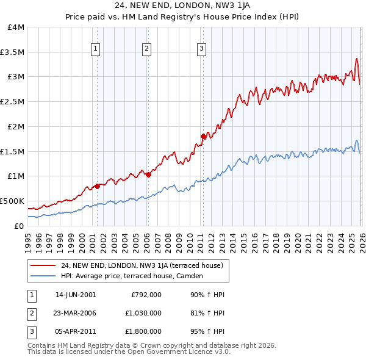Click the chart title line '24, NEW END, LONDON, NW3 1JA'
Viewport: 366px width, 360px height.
(x=182, y=6)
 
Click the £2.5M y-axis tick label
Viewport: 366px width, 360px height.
(x=12, y=102)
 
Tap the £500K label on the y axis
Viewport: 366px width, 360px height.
(x=12, y=201)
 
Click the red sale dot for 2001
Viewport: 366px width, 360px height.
(x=97, y=187)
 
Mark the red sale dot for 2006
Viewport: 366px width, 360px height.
(x=148, y=175)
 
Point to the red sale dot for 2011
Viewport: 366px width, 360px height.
(x=203, y=137)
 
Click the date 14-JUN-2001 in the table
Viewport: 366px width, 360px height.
(x=76, y=295)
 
